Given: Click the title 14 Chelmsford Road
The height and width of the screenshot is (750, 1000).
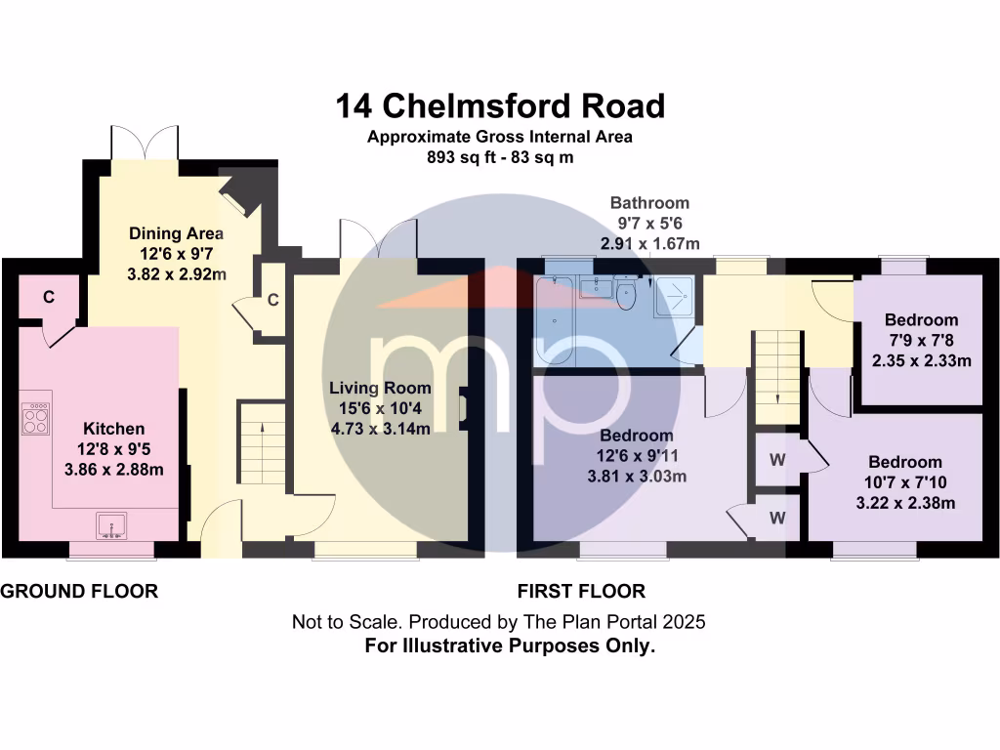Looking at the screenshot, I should (500, 104).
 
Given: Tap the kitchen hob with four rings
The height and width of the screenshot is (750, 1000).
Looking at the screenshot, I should (35, 419).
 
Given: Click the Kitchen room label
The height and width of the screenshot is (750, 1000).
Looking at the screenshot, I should (113, 429).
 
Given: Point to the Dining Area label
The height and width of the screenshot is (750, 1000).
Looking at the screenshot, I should (177, 233).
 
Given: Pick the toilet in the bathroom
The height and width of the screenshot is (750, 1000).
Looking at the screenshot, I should (627, 296).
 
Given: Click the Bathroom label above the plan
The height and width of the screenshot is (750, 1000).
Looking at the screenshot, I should (649, 203).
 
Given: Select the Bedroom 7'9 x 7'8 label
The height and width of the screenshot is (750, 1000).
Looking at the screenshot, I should (921, 319).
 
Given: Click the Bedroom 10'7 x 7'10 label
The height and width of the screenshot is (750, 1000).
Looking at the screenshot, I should (905, 462).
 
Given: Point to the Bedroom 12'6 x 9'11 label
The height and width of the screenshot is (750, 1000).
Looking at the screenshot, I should (636, 436).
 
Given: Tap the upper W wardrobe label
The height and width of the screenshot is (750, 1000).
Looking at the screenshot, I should (778, 459).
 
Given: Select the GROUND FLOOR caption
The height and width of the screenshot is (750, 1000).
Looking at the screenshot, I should (79, 591).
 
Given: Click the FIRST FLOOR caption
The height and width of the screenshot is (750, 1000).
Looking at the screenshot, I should (580, 591).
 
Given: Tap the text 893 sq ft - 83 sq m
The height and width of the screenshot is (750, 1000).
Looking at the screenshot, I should (499, 156).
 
